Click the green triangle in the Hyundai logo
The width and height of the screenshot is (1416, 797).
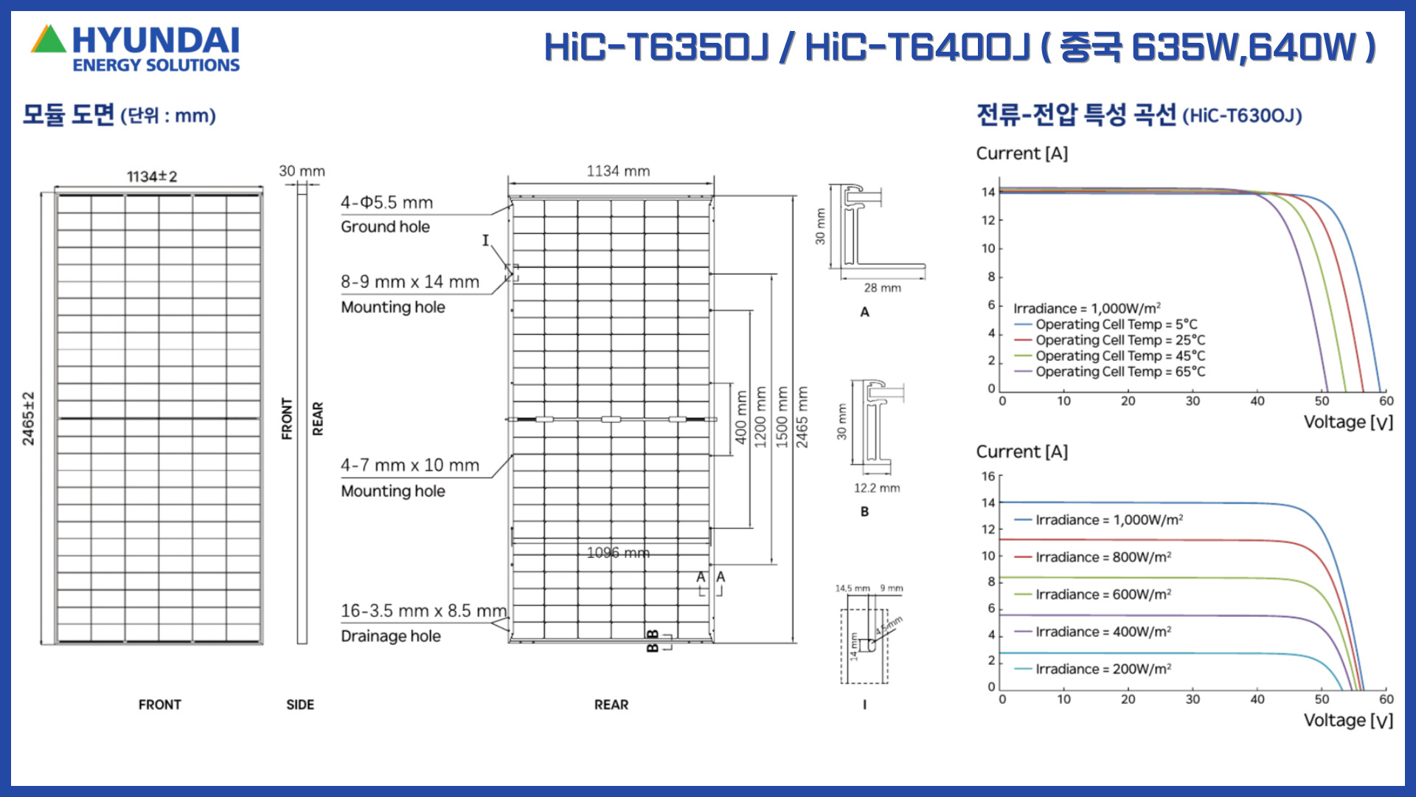49,40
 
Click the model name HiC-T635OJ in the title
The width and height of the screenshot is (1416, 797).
656,47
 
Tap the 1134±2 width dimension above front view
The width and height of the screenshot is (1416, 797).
152,176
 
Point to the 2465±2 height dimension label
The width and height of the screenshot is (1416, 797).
28,418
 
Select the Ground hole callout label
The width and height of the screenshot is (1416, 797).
385,227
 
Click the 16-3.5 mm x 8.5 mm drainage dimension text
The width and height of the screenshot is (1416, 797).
424,611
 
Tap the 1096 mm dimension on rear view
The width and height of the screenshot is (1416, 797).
618,553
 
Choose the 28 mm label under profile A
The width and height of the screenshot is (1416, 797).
883,288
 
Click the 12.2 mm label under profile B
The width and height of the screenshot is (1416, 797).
877,488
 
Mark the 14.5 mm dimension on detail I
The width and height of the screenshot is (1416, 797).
853,588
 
